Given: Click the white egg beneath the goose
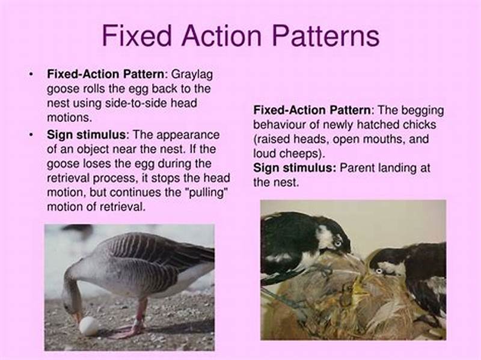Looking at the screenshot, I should point(89,326).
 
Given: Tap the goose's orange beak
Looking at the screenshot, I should point(77,316).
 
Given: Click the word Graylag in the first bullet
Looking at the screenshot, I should point(192,75).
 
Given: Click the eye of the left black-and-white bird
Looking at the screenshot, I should point(337,241).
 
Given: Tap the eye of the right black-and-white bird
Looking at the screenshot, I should point(379,271).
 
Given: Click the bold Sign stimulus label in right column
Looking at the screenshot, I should point(295,168).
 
